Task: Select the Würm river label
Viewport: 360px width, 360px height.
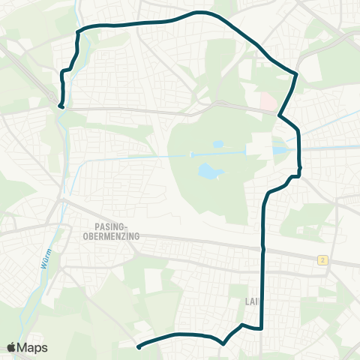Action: click(43, 259)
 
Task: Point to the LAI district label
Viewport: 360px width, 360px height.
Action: click(251, 301)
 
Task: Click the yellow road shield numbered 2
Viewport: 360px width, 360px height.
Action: click(322, 259)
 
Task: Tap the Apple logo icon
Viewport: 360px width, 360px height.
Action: click(12, 347)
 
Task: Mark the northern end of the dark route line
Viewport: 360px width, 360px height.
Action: click(61, 106)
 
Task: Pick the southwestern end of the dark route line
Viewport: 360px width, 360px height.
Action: click(139, 346)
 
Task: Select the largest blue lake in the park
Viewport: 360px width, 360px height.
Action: click(209, 173)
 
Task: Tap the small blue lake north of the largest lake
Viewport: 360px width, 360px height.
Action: click(217, 144)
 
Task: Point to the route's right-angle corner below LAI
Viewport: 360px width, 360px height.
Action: click(261, 328)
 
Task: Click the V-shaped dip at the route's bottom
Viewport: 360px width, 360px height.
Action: click(223, 343)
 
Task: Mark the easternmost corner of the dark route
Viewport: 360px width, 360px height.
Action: click(297, 74)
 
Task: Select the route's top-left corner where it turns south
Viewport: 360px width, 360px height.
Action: click(79, 31)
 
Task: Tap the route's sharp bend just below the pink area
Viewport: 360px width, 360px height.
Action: click(279, 116)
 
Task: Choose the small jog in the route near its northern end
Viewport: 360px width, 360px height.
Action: click(66, 70)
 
